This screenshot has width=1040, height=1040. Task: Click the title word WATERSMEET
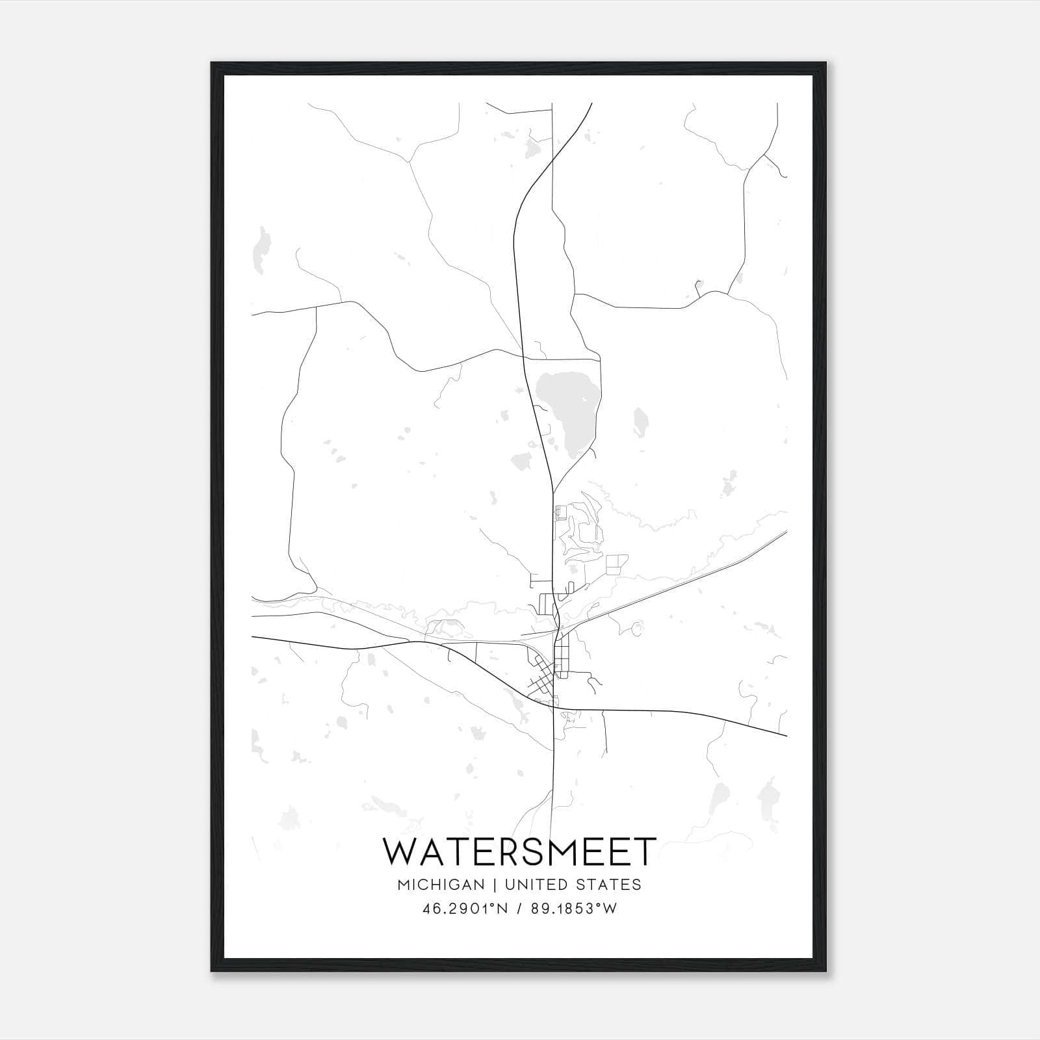tap(519, 852)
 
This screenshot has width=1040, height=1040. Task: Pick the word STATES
tap(612, 885)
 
